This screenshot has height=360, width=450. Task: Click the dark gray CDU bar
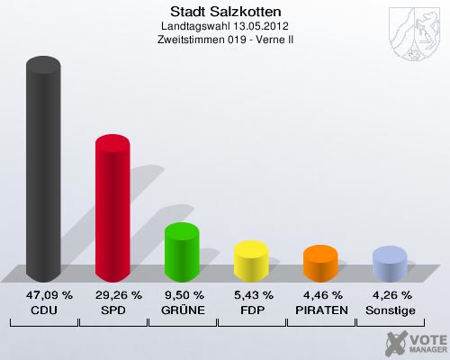pyautogui.click(x=43, y=171)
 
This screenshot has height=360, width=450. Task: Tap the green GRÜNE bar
pyautogui.click(x=182, y=253)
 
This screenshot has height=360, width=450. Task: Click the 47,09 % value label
pyautogui.click(x=43, y=295)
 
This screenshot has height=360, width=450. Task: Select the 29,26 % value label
pyautogui.click(x=112, y=295)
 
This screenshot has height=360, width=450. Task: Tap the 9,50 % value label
pyautogui.click(x=182, y=295)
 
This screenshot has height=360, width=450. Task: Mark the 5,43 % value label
pyautogui.click(x=251, y=295)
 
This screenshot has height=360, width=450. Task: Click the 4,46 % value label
pyautogui.click(x=320, y=295)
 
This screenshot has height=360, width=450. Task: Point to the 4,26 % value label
pyautogui.click(x=390, y=295)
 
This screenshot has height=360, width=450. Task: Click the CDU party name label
pyautogui.click(x=43, y=310)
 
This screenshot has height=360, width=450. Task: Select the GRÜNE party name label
pyautogui.click(x=182, y=310)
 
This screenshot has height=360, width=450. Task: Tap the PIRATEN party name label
pyautogui.click(x=320, y=310)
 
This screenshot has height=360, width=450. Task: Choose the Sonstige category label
pyautogui.click(x=390, y=310)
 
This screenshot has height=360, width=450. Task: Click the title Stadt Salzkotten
pyautogui.click(x=225, y=12)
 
